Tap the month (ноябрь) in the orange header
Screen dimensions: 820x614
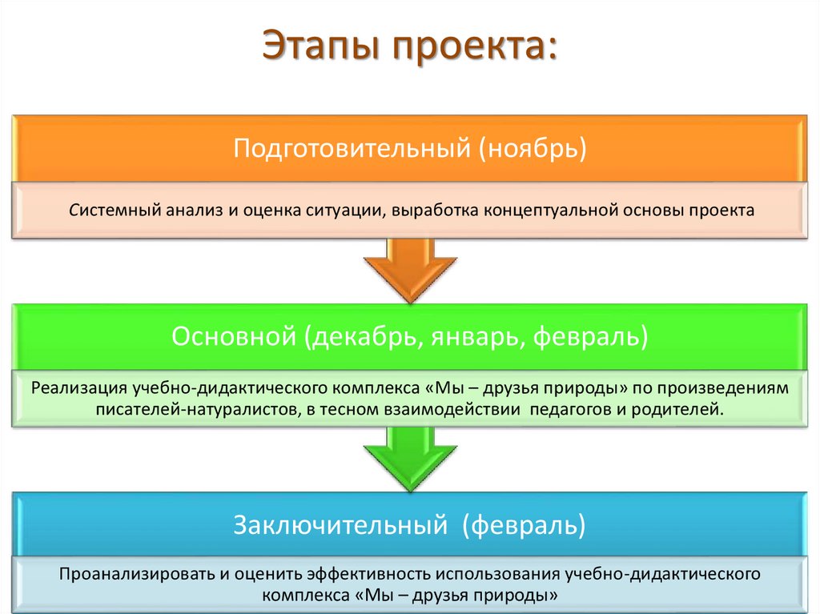coord(533,150)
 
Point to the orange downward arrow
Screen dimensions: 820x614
coord(410,270)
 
